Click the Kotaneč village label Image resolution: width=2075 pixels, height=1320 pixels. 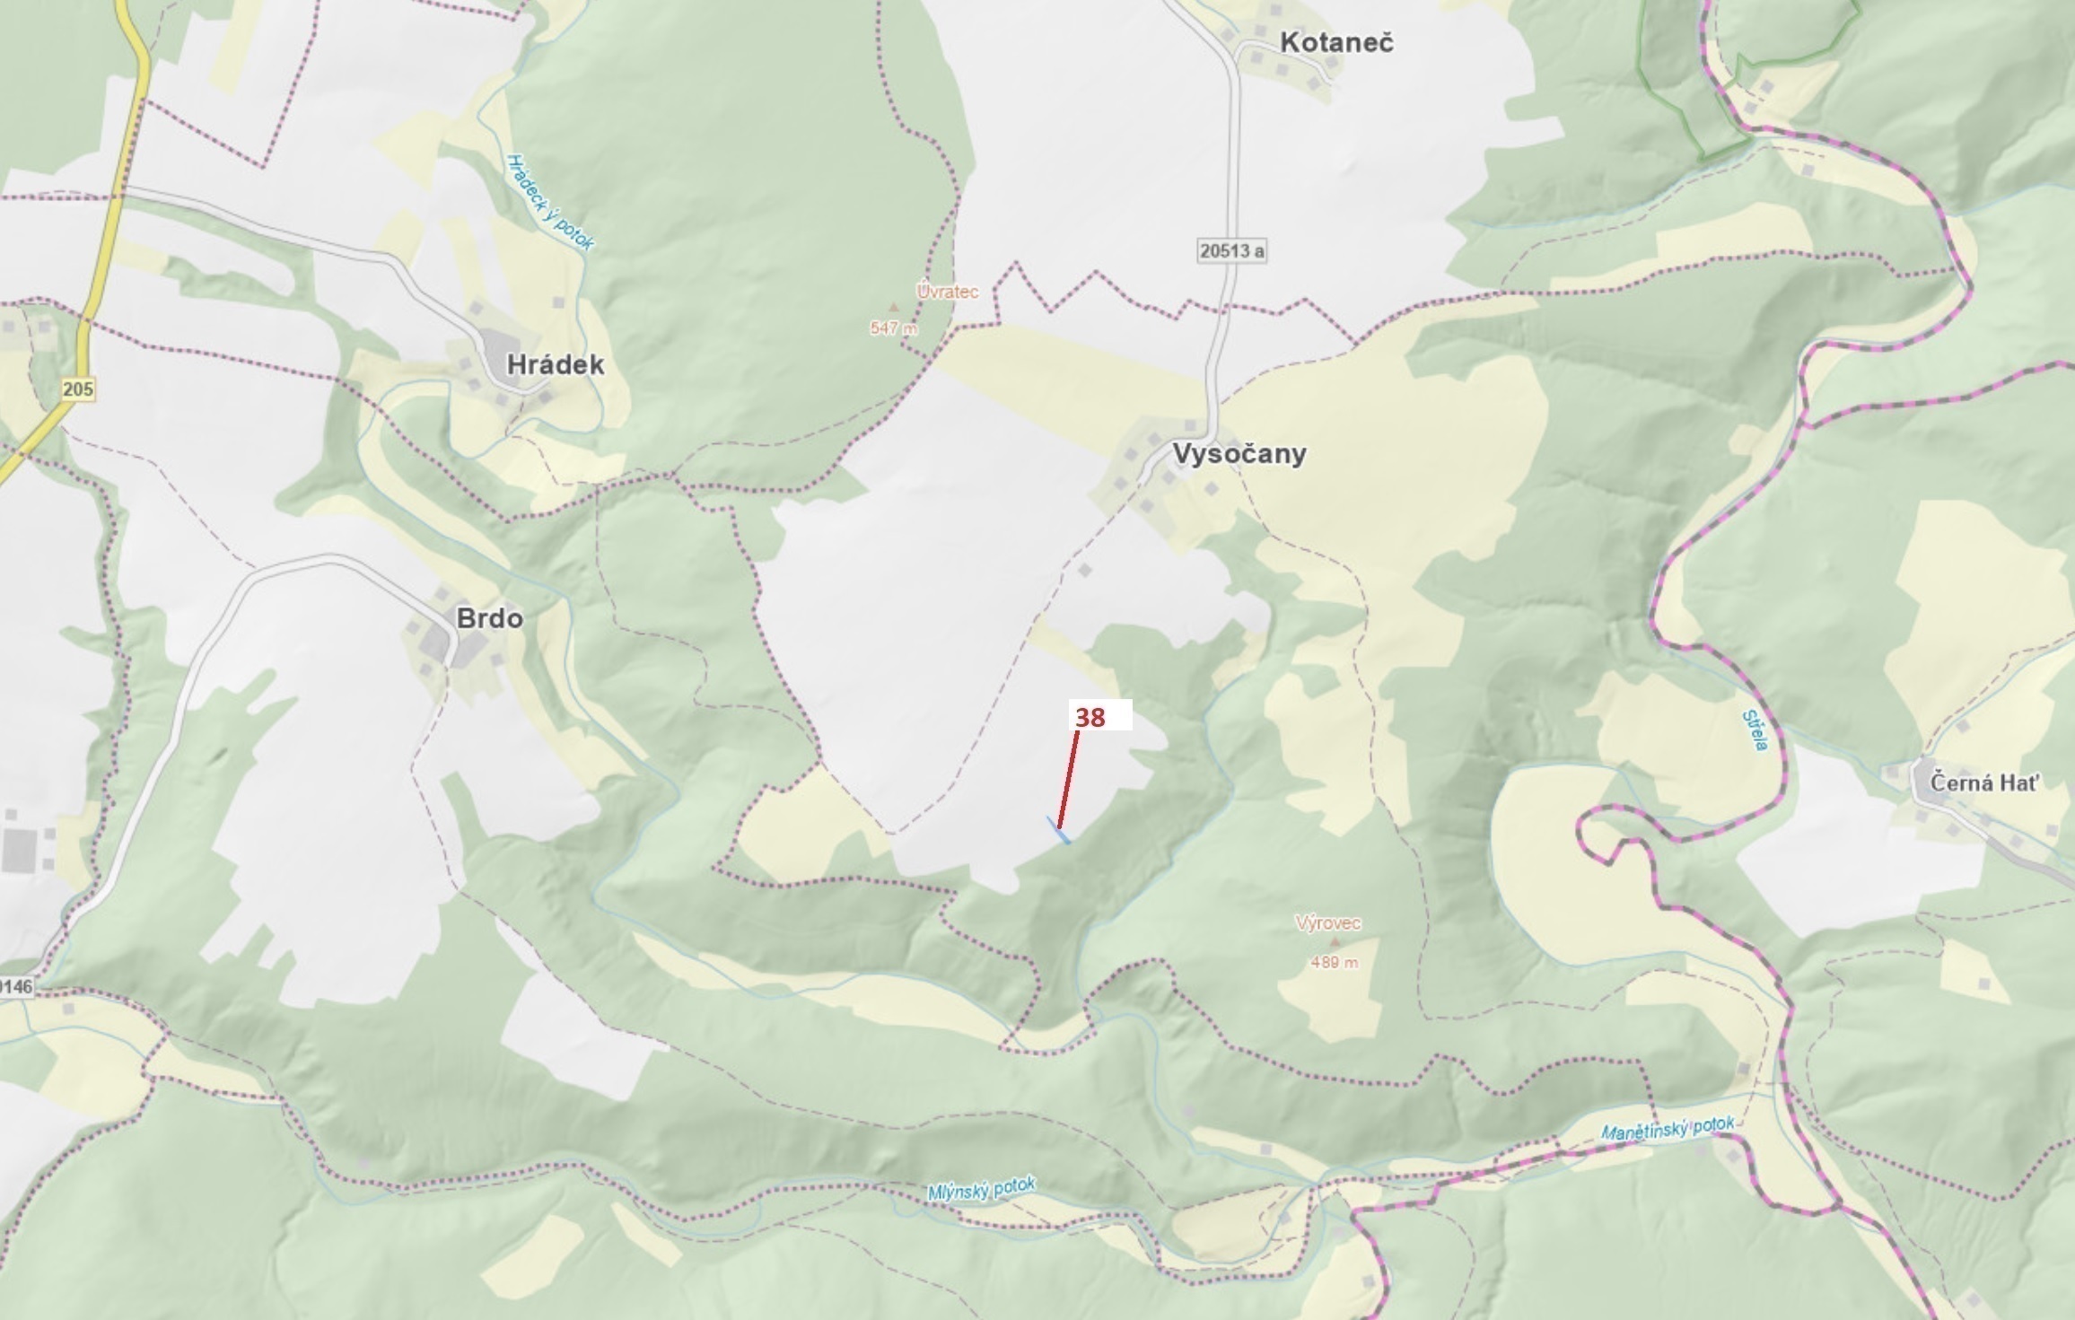pyautogui.click(x=1336, y=42)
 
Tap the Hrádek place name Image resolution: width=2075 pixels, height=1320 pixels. pyautogui.click(x=555, y=364)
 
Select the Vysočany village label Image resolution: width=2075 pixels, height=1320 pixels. pyautogui.click(x=1239, y=453)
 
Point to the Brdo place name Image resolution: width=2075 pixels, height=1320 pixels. pyautogui.click(x=489, y=618)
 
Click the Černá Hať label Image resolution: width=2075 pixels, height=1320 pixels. pyautogui.click(x=1984, y=782)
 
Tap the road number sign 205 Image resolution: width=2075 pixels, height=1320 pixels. pyautogui.click(x=78, y=389)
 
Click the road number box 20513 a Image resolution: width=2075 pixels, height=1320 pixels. pyautogui.click(x=1231, y=250)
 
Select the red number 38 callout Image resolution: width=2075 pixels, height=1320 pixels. pyautogui.click(x=1090, y=717)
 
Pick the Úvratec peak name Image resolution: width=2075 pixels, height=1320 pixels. pyautogui.click(x=947, y=292)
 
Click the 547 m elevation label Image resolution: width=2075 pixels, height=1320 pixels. pyautogui.click(x=894, y=328)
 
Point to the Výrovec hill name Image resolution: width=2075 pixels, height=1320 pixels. pyautogui.click(x=1327, y=922)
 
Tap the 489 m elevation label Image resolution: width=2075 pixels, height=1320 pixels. pyautogui.click(x=1334, y=962)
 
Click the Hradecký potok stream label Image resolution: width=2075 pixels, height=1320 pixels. pyautogui.click(x=549, y=202)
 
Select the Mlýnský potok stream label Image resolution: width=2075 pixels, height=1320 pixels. pyautogui.click(x=981, y=1189)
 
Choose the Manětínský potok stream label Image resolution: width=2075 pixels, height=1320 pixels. pyautogui.click(x=1668, y=1129)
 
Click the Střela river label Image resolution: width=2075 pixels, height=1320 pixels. pyautogui.click(x=1755, y=730)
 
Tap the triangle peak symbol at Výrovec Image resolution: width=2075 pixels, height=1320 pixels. pyautogui.click(x=1335, y=942)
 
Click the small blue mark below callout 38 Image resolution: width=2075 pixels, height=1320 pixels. pyautogui.click(x=1059, y=831)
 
